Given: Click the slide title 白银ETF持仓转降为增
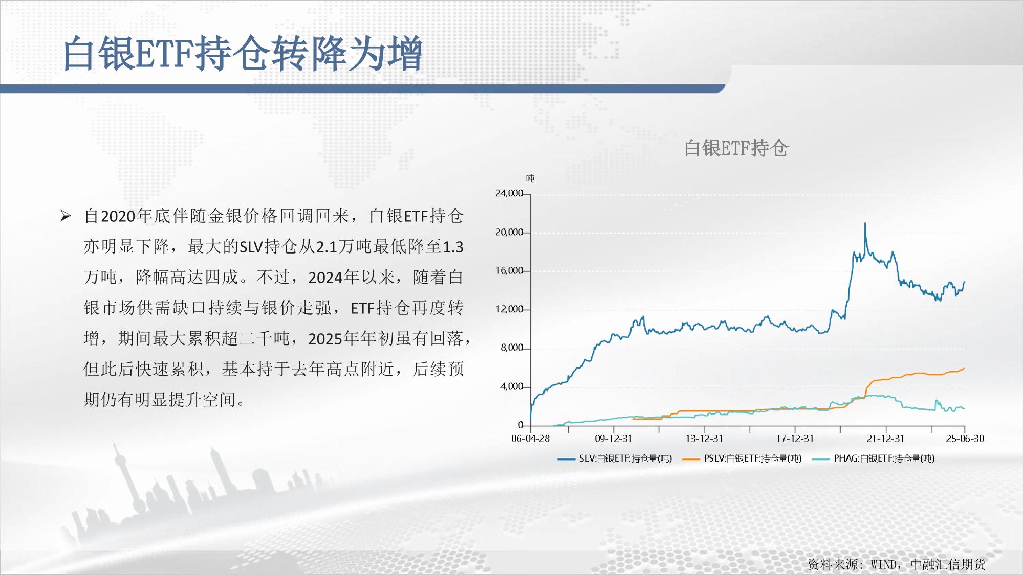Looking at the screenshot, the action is (x=243, y=53).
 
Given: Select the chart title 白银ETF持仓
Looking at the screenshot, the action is (x=736, y=148).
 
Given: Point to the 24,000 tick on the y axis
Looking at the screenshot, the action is (x=509, y=193).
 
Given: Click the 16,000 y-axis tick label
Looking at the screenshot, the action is (x=509, y=270).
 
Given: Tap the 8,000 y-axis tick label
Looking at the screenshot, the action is (x=512, y=348).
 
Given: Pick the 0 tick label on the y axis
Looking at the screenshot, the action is (x=520, y=425).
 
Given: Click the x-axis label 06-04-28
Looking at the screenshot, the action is (x=530, y=439).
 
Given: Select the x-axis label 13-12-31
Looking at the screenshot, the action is (x=704, y=439).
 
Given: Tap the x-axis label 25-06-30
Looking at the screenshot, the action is (x=965, y=439).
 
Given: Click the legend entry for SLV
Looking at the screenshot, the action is (x=615, y=458).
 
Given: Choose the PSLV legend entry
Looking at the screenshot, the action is (x=742, y=458).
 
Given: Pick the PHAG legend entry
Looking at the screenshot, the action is (x=873, y=458).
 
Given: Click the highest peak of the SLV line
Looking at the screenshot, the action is (x=865, y=223).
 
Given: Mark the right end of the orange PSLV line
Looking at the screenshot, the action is (x=964, y=368).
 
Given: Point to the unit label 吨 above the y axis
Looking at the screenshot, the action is (x=530, y=178).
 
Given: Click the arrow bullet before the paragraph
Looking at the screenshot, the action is (x=66, y=216).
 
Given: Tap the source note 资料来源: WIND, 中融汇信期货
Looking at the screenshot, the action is (x=896, y=564).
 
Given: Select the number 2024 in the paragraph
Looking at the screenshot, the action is (x=325, y=278).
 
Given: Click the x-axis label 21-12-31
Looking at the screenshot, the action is (x=885, y=439).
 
